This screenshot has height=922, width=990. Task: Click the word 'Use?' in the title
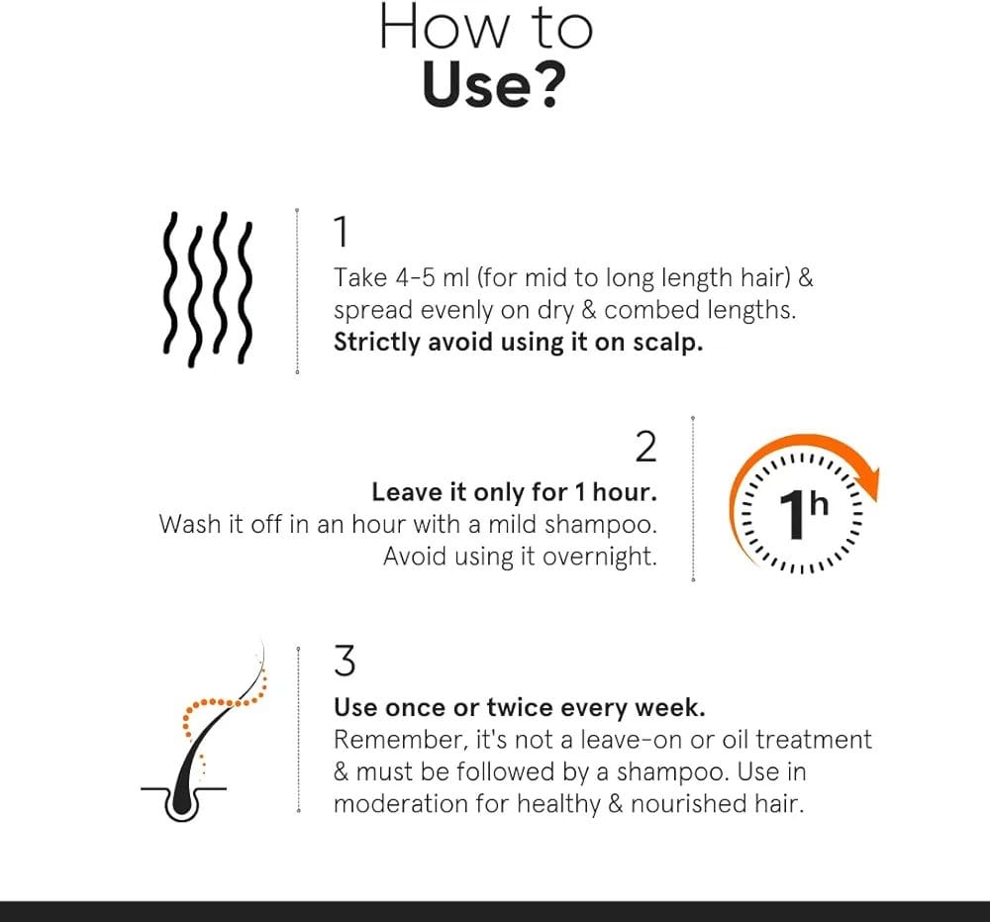[493, 86]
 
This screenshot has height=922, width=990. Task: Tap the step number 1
[341, 232]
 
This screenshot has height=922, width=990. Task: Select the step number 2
[645, 447]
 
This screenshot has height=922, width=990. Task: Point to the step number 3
[345, 662]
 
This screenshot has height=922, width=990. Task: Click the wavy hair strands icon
[208, 289]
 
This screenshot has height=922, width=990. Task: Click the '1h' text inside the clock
[803, 514]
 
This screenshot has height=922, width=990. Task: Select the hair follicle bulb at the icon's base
[182, 803]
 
